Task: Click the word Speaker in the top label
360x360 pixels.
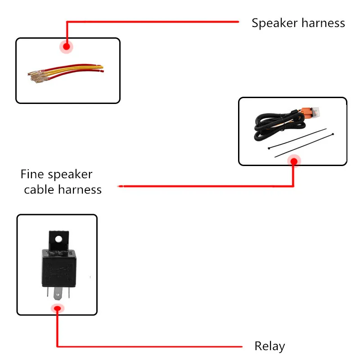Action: coord(274,23)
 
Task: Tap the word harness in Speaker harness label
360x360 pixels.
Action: coord(323,23)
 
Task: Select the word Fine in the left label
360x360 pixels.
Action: coord(32,174)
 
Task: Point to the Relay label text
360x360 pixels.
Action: coord(270,346)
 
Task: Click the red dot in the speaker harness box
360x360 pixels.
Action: coord(66,47)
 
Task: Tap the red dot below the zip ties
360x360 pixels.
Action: coord(294,162)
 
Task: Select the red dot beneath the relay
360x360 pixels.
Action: coord(58,308)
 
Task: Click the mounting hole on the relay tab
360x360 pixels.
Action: coord(58,239)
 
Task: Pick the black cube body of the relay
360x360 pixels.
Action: coord(59,268)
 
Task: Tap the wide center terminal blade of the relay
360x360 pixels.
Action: coord(58,294)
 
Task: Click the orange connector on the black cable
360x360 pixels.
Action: coord(308,112)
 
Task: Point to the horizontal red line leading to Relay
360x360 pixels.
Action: coord(150,346)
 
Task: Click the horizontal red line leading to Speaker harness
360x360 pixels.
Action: coord(153,22)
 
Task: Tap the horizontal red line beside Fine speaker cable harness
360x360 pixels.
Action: coord(206,186)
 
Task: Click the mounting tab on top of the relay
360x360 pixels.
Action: coord(58,241)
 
